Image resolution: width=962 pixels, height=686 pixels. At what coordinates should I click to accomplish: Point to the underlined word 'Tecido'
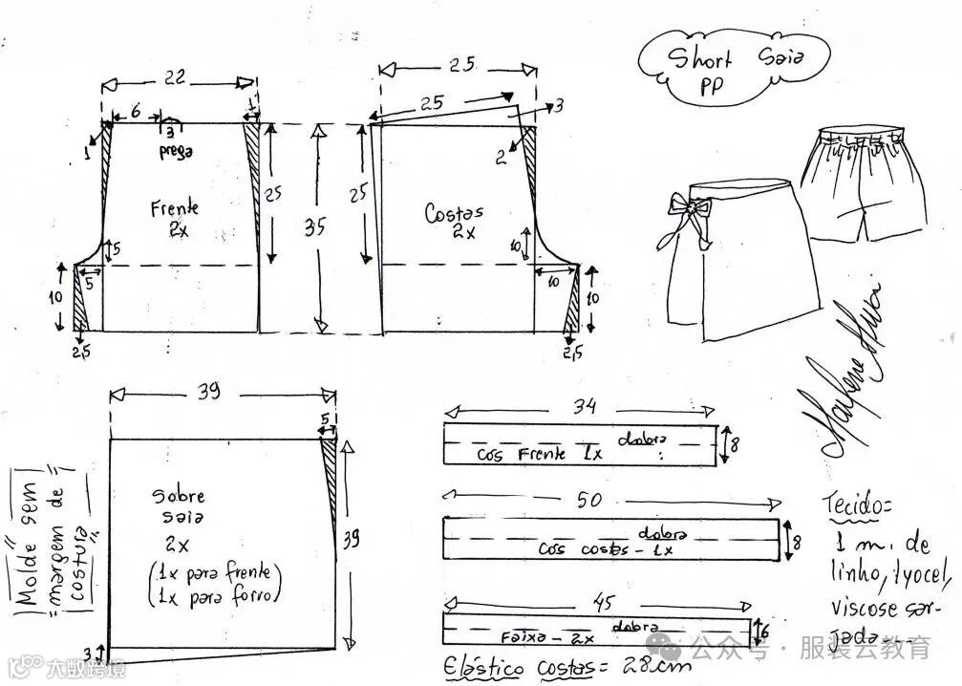(854, 504)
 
